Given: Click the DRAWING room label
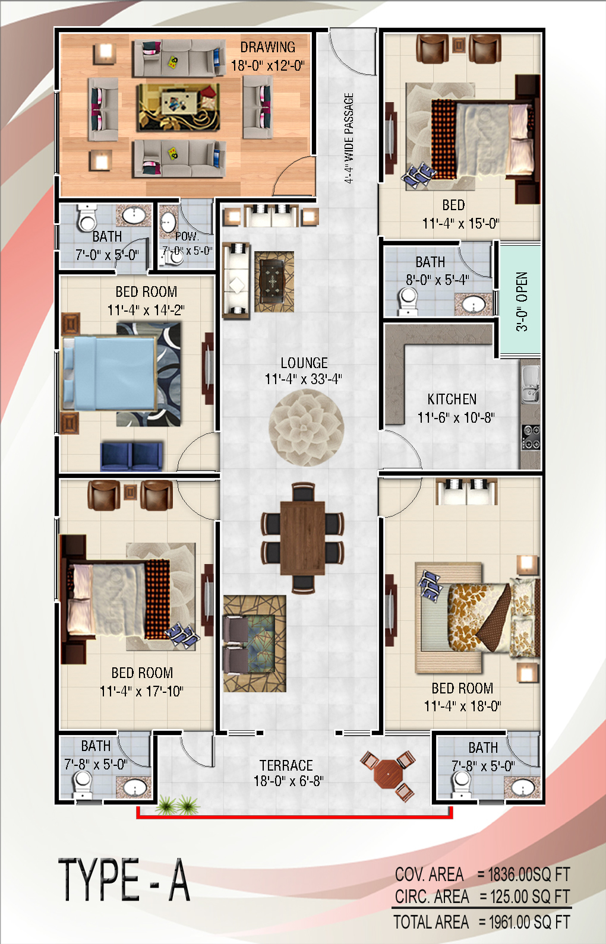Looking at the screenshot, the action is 267,47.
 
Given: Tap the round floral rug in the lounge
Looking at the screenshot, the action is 307,427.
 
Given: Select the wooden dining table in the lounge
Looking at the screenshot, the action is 302,538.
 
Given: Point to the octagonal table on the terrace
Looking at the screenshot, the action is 387,774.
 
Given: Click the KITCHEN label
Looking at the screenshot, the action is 452,399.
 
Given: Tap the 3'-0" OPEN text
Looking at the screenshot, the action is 522,302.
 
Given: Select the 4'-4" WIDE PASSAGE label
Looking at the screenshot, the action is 348,138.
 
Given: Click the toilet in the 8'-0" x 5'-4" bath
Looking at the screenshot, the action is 408,302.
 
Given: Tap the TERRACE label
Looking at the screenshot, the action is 286,765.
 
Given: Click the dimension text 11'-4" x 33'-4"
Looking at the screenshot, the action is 303,379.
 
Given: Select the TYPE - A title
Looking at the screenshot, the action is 124,880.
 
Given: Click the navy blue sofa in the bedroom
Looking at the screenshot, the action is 131,455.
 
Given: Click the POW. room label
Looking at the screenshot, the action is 187,236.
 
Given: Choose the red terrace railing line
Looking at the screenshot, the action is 294,816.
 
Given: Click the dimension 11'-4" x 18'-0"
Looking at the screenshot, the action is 462,706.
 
